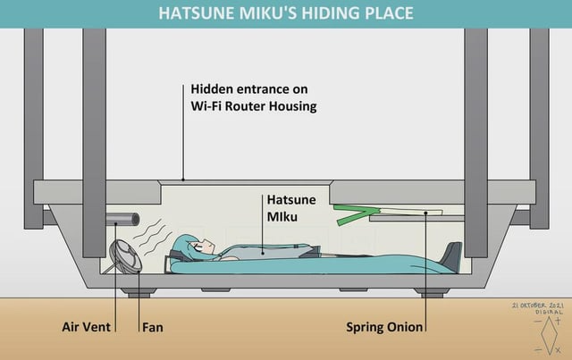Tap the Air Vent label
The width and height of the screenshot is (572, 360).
tap(86, 327)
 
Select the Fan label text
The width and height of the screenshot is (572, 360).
tap(153, 327)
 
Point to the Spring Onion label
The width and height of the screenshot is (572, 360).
tap(384, 327)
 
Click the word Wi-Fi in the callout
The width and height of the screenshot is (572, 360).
tap(206, 106)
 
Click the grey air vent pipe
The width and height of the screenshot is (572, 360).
tap(122, 220)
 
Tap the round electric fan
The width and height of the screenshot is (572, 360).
tap(125, 256)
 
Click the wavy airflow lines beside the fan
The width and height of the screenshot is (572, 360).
tap(153, 237)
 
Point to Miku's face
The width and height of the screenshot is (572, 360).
tap(205, 247)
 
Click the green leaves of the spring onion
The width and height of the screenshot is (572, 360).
tap(355, 214)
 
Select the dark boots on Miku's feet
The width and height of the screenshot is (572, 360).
tap(450, 256)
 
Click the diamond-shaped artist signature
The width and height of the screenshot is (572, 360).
tap(548, 335)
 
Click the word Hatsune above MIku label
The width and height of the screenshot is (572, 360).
tap(291, 200)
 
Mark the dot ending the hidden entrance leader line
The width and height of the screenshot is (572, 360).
tap(183, 180)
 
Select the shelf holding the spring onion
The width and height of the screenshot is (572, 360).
tap(416, 219)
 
